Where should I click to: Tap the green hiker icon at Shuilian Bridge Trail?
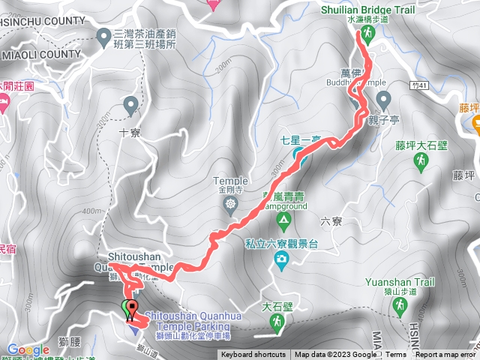(367, 34)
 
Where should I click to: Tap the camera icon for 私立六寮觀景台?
(281, 259)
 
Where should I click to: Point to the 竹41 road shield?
(421, 86)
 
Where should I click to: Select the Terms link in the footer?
(396, 355)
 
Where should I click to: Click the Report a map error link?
(445, 355)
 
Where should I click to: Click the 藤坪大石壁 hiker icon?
(423, 160)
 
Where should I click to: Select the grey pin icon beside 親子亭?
(383, 99)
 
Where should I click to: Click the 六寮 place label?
(331, 221)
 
